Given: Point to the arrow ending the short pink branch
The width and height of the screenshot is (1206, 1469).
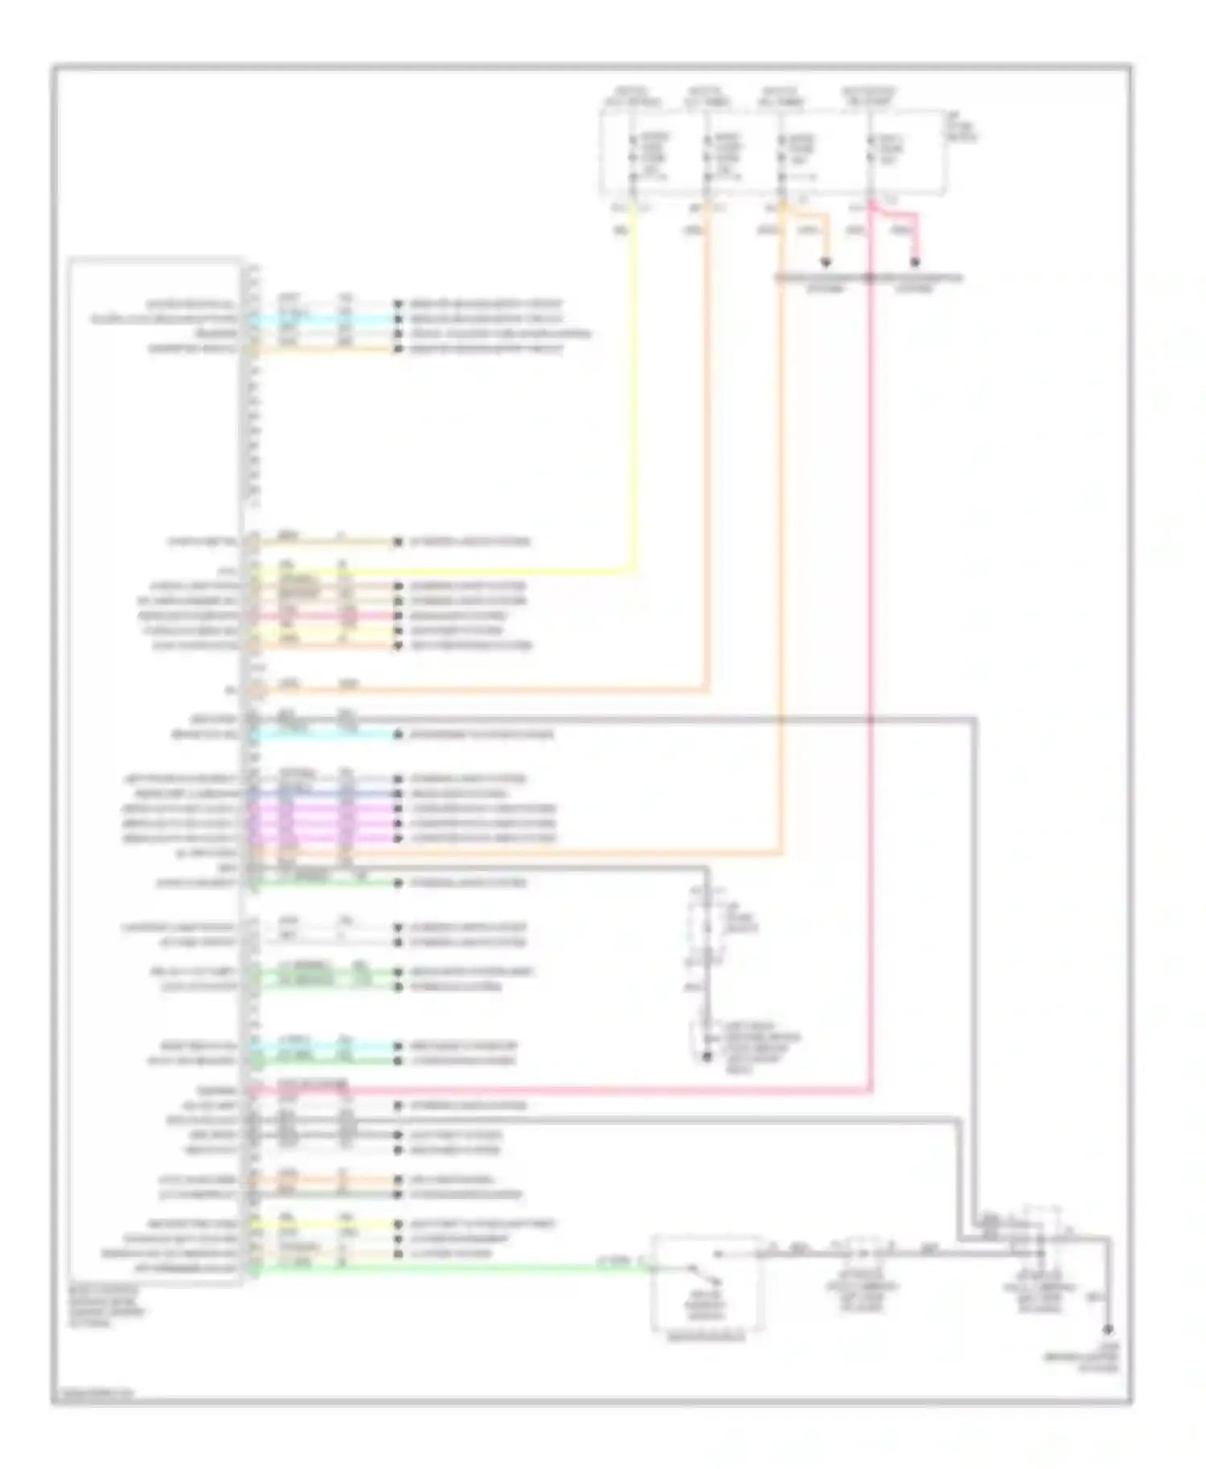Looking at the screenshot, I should (x=914, y=263).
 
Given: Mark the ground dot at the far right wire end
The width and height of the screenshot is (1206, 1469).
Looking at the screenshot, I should (x=1109, y=1330).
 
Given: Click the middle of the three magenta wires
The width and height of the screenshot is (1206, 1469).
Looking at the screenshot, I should (x=322, y=823).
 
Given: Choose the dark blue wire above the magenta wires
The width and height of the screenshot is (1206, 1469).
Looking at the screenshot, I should (x=322, y=793).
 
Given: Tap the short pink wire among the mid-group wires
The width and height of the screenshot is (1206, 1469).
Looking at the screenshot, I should (x=322, y=616).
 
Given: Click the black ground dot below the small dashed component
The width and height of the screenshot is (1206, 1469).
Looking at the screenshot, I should (x=707, y=1056).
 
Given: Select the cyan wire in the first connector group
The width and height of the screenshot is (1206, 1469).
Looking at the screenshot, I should (x=322, y=319).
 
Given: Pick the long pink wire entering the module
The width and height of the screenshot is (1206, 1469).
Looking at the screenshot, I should (x=563, y=1090).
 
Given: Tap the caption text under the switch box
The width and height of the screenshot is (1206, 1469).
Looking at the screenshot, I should (x=707, y=1337).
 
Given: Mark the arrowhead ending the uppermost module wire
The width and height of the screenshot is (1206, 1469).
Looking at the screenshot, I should (x=397, y=305).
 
